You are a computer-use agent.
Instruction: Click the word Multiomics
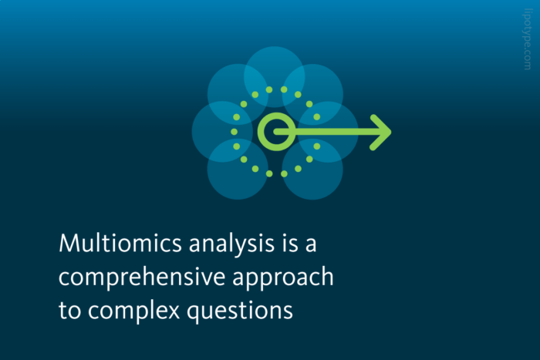(x=107, y=244)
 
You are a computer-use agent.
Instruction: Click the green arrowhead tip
(x=388, y=133)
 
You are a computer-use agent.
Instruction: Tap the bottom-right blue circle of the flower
(x=312, y=169)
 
